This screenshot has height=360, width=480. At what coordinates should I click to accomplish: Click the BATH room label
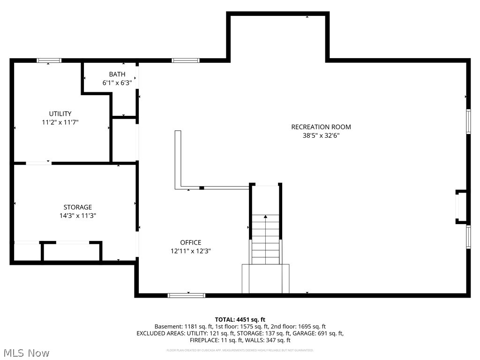[117, 74]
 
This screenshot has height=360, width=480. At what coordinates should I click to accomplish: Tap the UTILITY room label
[60, 113]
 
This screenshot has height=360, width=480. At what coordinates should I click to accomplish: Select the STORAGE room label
[78, 207]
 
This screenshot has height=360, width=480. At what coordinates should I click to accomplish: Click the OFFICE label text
[191, 242]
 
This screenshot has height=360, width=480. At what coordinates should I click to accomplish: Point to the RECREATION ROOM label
[321, 127]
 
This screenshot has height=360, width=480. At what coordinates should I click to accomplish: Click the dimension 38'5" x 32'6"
[321, 135]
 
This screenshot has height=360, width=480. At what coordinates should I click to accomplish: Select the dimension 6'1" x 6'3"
[117, 82]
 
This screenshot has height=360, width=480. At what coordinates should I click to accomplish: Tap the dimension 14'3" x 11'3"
[78, 216]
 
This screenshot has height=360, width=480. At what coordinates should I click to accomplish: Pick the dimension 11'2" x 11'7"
[60, 122]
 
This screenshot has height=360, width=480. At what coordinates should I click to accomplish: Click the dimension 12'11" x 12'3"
[191, 251]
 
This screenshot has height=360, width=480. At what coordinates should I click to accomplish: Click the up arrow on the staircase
[266, 217]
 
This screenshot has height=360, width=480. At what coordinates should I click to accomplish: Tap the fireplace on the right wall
[461, 206]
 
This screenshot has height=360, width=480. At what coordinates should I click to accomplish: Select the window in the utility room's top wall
[49, 60]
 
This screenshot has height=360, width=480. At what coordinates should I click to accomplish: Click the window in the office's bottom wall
[187, 295]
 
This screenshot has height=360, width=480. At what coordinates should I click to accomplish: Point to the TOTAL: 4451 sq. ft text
[240, 319]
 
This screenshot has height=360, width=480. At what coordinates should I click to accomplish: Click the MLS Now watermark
[26, 352]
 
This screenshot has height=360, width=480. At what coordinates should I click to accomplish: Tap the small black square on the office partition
[202, 188]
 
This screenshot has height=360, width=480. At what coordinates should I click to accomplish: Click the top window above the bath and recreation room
[185, 60]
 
